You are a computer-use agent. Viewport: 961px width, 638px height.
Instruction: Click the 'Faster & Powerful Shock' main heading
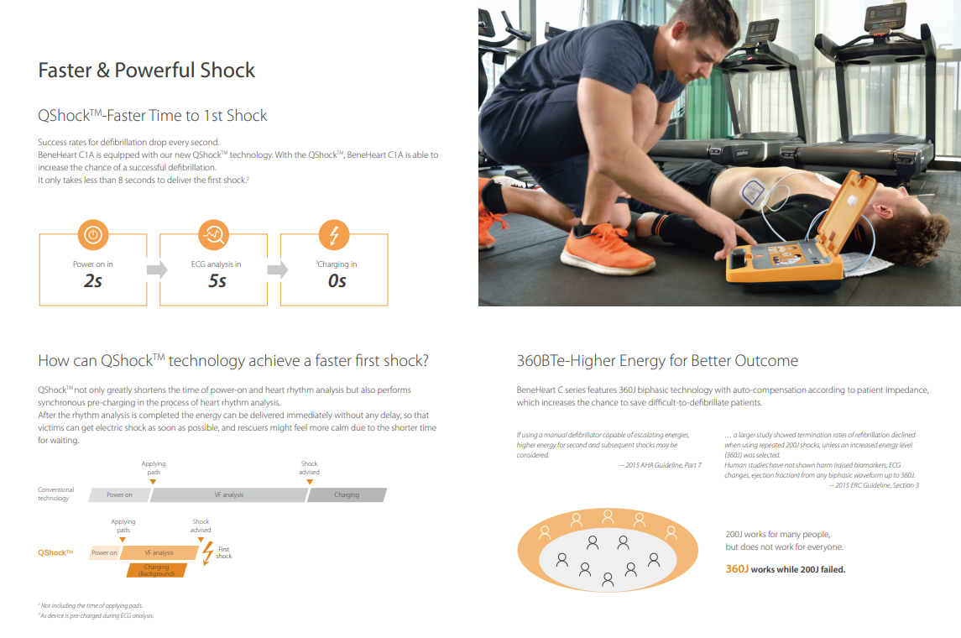[147, 71]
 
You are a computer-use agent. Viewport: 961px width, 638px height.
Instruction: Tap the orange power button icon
[93, 235]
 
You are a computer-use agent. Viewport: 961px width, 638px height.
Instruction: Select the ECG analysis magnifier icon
[214, 235]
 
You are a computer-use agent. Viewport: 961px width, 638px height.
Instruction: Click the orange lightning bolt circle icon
[334, 235]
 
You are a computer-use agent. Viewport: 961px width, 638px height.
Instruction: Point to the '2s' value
[93, 280]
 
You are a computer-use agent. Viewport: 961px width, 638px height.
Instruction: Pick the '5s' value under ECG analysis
[217, 280]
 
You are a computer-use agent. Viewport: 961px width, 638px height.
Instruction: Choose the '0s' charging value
[337, 280]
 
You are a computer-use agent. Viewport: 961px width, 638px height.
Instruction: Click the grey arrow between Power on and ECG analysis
[157, 269]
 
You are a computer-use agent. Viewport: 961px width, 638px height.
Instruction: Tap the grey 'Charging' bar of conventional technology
[347, 494]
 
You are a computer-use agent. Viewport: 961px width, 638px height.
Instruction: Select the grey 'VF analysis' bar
[228, 494]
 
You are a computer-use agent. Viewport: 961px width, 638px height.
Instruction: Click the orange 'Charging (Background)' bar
[156, 571]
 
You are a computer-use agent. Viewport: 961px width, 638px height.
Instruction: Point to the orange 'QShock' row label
[55, 553]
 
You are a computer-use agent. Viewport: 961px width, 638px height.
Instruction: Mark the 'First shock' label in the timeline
[224, 553]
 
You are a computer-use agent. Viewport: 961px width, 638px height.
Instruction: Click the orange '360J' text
[737, 569]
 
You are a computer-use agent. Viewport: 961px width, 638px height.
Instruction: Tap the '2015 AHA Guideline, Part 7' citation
[660, 465]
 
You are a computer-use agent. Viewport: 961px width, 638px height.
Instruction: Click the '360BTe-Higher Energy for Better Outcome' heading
[657, 361]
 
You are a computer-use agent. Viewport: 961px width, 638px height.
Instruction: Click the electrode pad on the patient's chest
[752, 193]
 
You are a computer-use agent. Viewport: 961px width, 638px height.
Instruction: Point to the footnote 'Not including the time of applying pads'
[91, 605]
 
